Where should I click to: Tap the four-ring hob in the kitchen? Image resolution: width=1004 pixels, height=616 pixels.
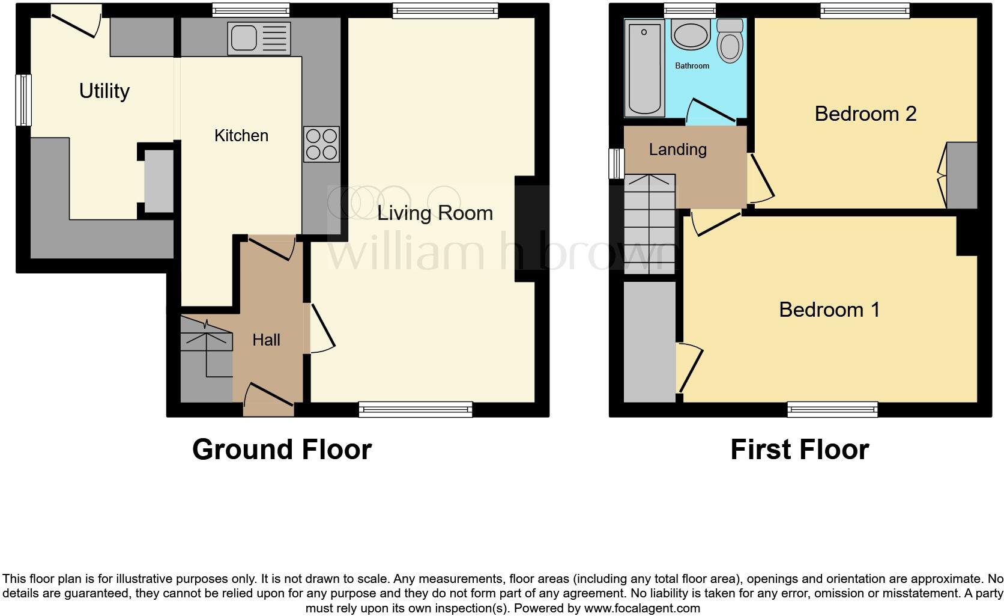click(x=321, y=144)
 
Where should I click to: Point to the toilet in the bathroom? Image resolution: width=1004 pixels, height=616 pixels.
click(x=730, y=41)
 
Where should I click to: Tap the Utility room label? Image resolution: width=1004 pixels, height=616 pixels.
click(x=104, y=91)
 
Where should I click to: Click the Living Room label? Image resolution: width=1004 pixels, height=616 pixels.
click(x=435, y=213)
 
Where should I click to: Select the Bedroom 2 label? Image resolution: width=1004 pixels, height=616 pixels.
click(x=865, y=114)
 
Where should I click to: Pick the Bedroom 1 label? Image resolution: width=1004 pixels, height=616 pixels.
click(x=829, y=310)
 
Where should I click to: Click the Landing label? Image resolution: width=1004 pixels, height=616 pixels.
click(x=677, y=150)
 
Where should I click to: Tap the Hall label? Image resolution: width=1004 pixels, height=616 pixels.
click(x=266, y=340)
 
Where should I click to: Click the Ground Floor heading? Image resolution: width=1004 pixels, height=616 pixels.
click(x=282, y=450)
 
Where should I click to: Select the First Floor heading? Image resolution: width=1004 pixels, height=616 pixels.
click(x=799, y=450)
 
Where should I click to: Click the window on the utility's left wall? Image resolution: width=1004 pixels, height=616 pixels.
click(x=23, y=100)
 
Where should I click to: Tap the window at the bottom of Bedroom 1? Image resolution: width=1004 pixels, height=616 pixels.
click(x=832, y=410)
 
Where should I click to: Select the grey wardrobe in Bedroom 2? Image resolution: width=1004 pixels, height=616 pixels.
click(x=962, y=175)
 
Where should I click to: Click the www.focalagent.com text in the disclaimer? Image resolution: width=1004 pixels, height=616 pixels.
click(x=642, y=608)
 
